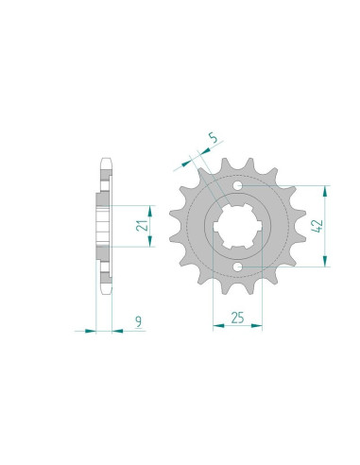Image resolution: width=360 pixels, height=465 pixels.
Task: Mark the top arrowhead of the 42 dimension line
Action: pos(327,188)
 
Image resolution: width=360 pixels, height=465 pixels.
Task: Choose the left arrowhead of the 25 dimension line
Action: pos(212,328)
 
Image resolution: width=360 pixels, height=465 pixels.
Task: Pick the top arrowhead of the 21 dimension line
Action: pos(146,206)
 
